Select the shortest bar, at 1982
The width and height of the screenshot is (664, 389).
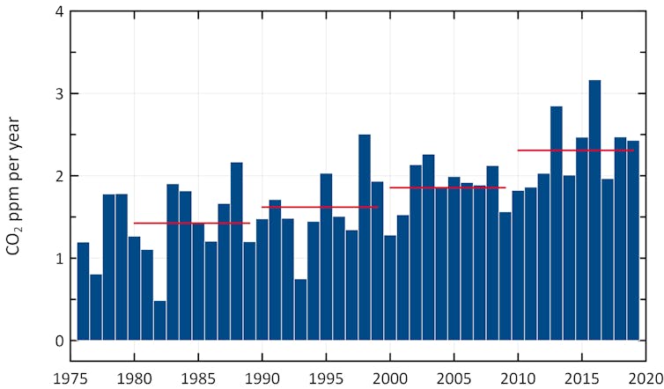(x=159, y=321)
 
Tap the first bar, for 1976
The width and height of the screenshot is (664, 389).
(x=83, y=291)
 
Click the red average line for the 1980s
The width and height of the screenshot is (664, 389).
(x=192, y=224)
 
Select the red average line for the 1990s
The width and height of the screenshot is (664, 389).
(x=320, y=208)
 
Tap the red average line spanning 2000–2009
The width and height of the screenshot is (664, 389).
(x=447, y=187)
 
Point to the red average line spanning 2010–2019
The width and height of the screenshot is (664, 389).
(x=575, y=150)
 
